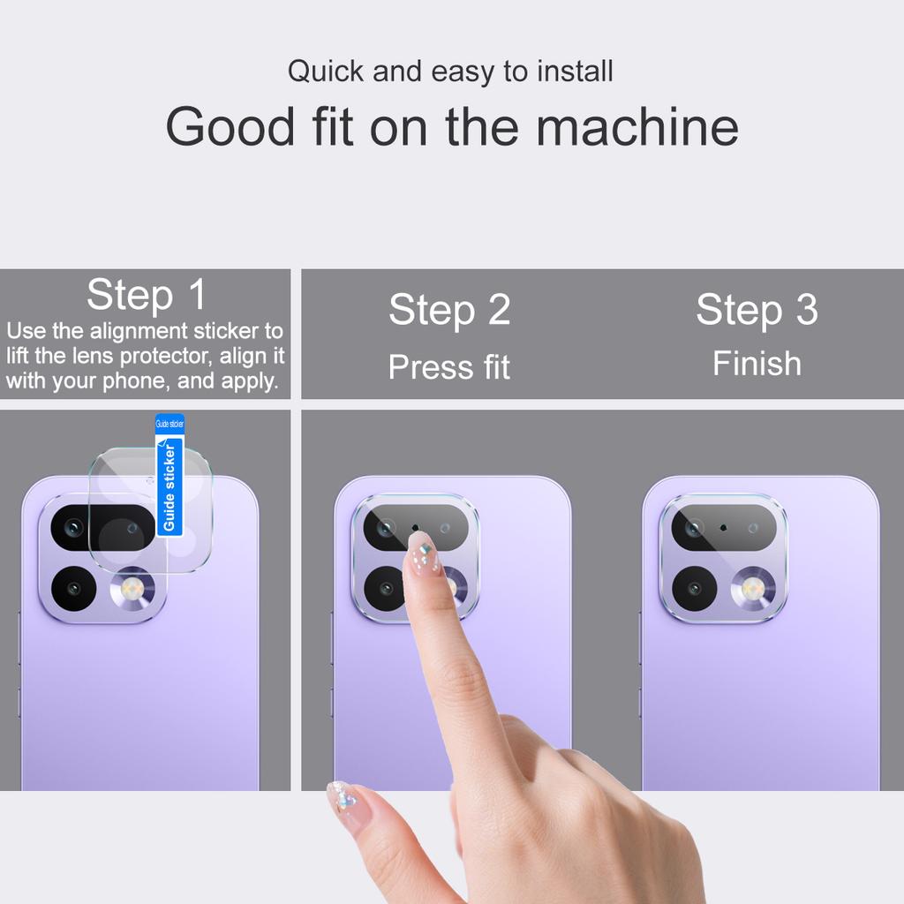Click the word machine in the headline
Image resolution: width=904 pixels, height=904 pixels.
click(x=637, y=126)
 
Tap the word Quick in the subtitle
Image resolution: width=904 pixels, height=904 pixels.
click(x=325, y=72)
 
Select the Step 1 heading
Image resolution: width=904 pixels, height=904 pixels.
click(x=147, y=294)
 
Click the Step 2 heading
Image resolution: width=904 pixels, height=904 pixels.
click(x=449, y=310)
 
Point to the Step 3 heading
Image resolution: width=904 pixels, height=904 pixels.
click(x=757, y=310)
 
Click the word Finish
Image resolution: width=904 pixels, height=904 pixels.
click(x=757, y=364)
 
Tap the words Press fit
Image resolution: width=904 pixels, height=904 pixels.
click(x=449, y=367)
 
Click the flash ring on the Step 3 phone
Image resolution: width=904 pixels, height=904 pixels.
click(x=753, y=588)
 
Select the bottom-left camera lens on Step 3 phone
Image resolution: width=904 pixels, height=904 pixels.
click(x=694, y=588)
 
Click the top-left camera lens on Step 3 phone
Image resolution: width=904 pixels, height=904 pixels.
click(x=694, y=528)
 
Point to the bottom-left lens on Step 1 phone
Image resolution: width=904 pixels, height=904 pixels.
click(x=73, y=588)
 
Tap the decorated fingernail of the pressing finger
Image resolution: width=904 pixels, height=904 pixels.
click(x=422, y=554)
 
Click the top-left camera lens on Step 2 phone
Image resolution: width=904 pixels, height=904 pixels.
click(x=386, y=528)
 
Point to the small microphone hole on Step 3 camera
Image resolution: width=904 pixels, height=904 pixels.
click(x=724, y=527)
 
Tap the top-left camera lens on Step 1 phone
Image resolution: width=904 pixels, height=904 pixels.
click(x=73, y=528)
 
